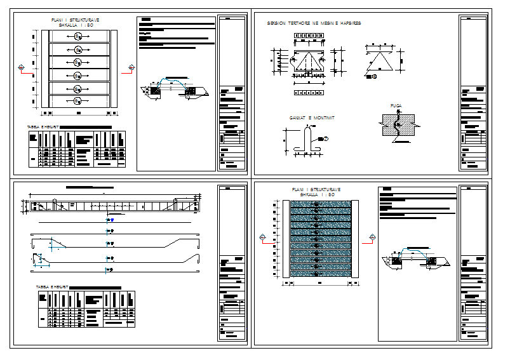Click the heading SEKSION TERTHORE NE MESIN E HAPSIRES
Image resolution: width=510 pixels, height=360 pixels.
[316, 23]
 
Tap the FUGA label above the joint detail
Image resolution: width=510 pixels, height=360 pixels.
[397, 106]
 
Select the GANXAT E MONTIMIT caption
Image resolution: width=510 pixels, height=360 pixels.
[312, 119]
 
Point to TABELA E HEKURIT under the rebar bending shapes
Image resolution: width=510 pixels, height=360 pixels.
[52, 287]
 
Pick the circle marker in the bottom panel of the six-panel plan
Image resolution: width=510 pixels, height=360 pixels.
[77, 100]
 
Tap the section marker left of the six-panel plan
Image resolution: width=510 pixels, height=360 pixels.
[22, 67]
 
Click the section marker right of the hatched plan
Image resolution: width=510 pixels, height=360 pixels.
[372, 239]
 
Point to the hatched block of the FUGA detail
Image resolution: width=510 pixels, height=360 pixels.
[397, 125]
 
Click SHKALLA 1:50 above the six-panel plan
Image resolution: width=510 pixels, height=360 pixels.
[76, 25]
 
